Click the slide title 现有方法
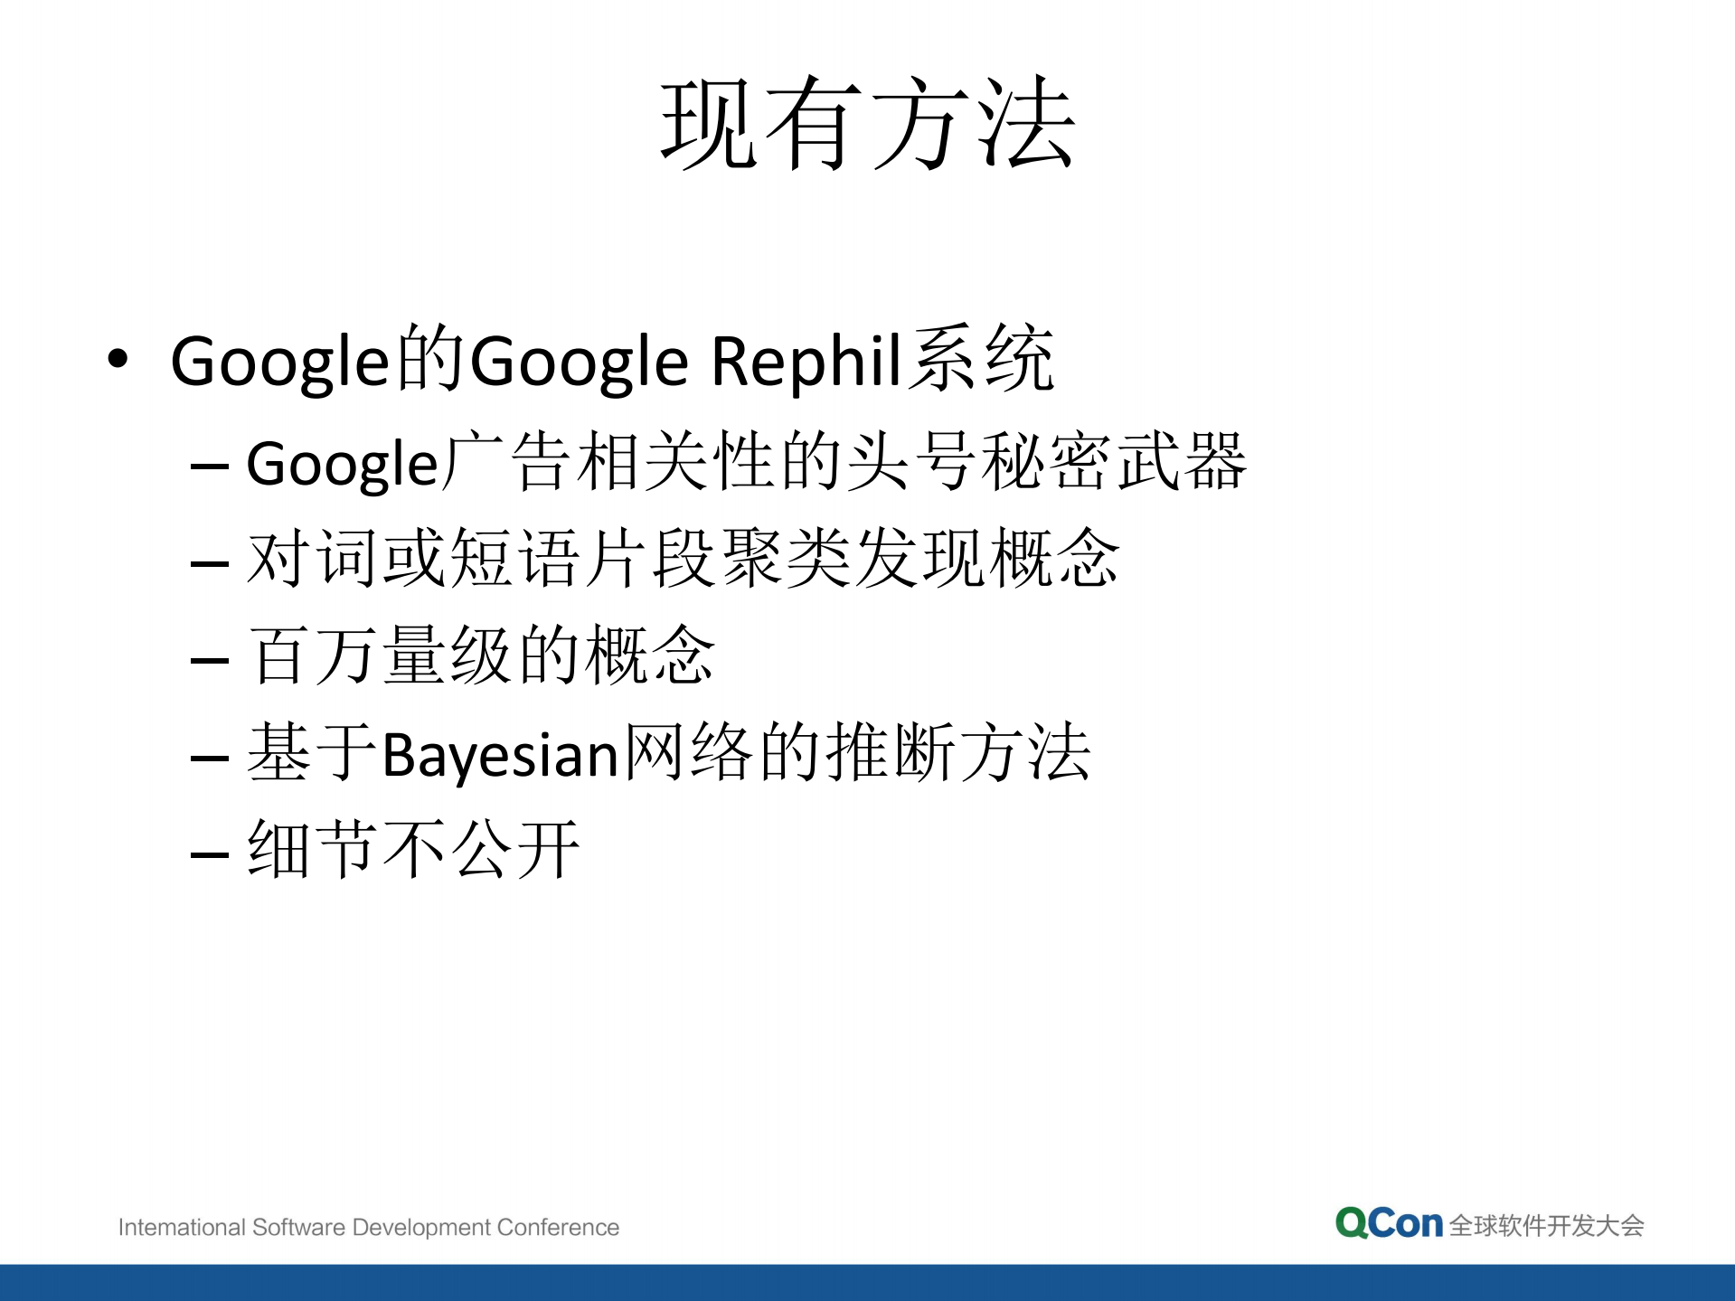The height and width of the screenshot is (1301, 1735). [x=867, y=123]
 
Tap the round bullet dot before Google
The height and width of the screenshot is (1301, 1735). [x=118, y=359]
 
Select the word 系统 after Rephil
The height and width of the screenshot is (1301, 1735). [x=981, y=360]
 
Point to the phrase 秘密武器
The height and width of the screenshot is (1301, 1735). [x=1114, y=462]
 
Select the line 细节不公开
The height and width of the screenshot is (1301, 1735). [x=413, y=849]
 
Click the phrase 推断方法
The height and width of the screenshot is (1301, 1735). [x=958, y=752]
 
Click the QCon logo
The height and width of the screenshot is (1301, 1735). [x=1388, y=1224]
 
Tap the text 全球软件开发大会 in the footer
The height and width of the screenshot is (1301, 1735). [x=1546, y=1226]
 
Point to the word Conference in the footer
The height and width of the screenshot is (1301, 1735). [x=558, y=1228]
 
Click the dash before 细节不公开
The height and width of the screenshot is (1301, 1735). [x=209, y=853]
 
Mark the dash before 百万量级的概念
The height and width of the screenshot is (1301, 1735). [x=209, y=660]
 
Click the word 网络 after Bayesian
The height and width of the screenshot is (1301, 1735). [x=688, y=752]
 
